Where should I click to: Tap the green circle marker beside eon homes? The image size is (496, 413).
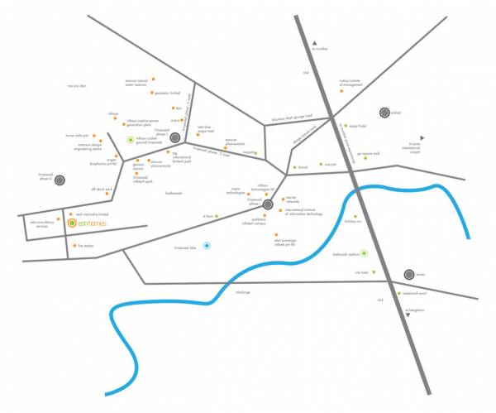[x=72, y=223]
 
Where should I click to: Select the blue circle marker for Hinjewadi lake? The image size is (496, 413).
[x=207, y=245]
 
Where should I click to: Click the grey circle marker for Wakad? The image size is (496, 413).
[x=384, y=113]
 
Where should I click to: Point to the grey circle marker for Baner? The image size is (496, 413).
[x=409, y=274]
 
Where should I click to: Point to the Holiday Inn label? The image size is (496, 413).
[x=353, y=222]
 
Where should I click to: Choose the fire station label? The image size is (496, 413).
[x=85, y=246]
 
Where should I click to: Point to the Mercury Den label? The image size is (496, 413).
[x=77, y=85]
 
